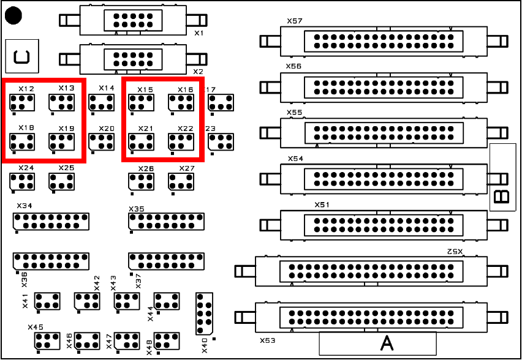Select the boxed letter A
(x=386, y=343)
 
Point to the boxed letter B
(x=502, y=196)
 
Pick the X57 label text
(x=294, y=21)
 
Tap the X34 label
(x=24, y=205)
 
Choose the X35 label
(x=137, y=209)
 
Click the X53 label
(x=267, y=339)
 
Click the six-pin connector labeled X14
(x=101, y=103)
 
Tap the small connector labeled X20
(x=101, y=142)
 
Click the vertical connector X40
(x=205, y=313)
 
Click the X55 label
(x=294, y=113)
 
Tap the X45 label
(x=35, y=327)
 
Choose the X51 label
(x=322, y=204)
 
